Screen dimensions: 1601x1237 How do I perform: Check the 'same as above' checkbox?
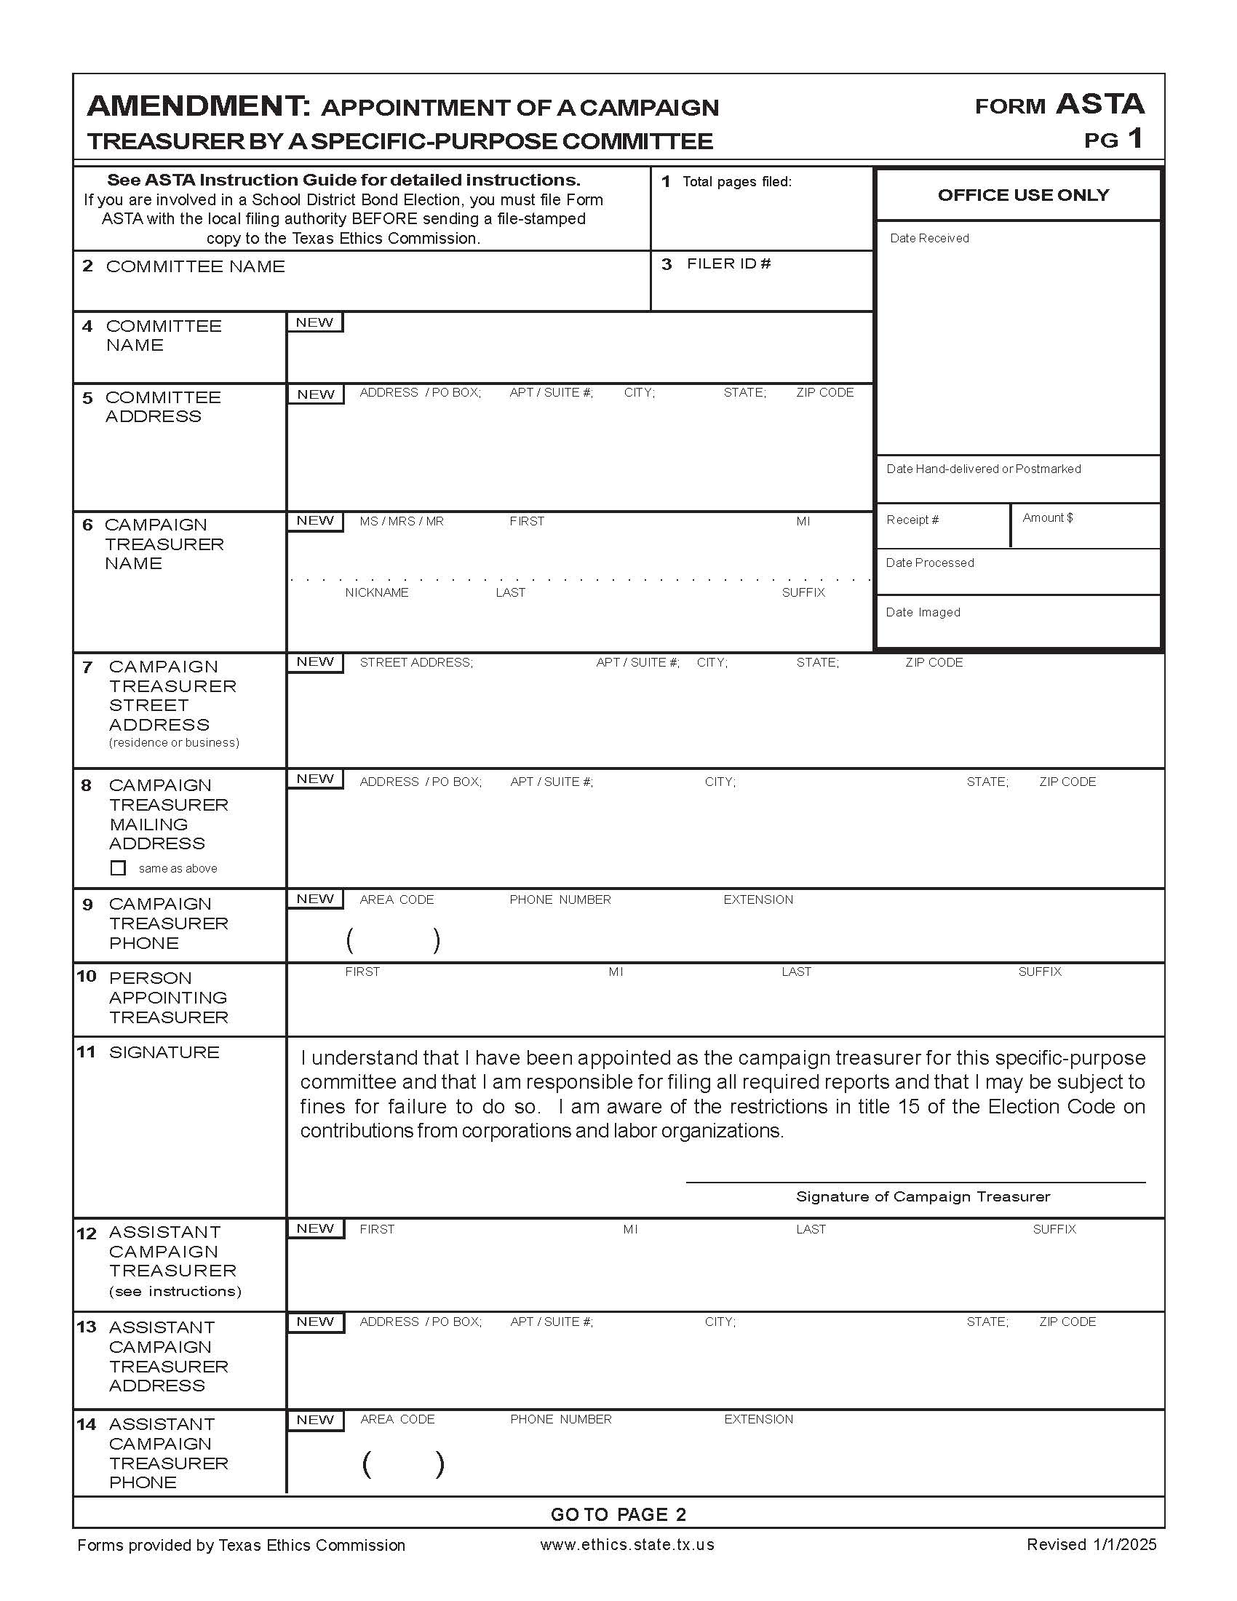(x=118, y=868)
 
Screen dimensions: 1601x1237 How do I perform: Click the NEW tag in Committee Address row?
(x=316, y=394)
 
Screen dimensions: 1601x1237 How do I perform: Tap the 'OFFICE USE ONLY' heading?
(x=1023, y=195)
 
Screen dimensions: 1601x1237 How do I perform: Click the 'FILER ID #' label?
(x=728, y=264)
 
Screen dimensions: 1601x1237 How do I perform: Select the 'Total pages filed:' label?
(x=736, y=182)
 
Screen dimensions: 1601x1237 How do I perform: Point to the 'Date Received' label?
(x=928, y=238)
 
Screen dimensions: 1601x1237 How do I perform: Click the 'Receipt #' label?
(x=912, y=520)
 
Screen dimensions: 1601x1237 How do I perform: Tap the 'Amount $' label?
(x=1047, y=517)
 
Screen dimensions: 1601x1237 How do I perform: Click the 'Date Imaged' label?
(x=923, y=612)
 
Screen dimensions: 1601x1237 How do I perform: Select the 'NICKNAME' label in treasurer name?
(x=377, y=592)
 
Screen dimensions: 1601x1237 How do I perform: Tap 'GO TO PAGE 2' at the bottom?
(x=618, y=1514)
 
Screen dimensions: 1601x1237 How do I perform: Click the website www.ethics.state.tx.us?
(x=627, y=1544)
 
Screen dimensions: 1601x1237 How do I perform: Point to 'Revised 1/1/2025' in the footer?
(x=1091, y=1544)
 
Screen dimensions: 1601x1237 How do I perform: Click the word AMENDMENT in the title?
(x=199, y=106)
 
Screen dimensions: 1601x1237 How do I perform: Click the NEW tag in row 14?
(x=316, y=1420)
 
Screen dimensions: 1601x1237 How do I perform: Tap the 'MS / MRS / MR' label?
(x=402, y=521)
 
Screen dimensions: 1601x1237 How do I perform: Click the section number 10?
(x=87, y=977)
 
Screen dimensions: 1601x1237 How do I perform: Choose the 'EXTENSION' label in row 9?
(x=757, y=899)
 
